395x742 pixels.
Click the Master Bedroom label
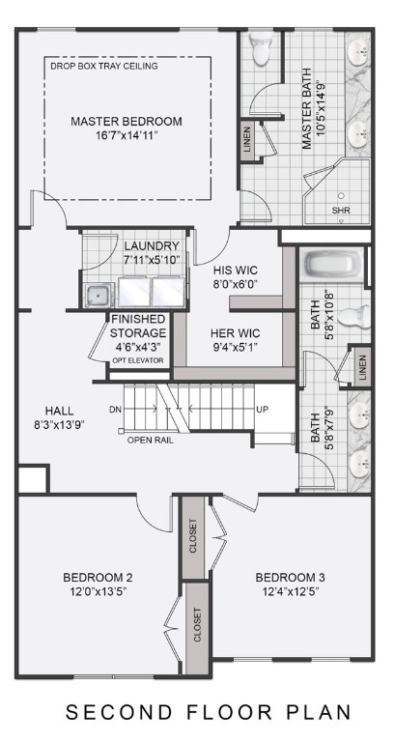(x=127, y=122)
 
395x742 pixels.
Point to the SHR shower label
(x=341, y=210)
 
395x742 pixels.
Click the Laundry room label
(x=152, y=246)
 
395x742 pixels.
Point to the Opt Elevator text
(x=137, y=360)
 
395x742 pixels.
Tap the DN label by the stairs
(x=116, y=410)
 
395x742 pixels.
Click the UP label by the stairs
(x=262, y=410)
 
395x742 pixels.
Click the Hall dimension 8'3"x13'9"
(x=59, y=424)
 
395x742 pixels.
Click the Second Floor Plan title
(x=208, y=713)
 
